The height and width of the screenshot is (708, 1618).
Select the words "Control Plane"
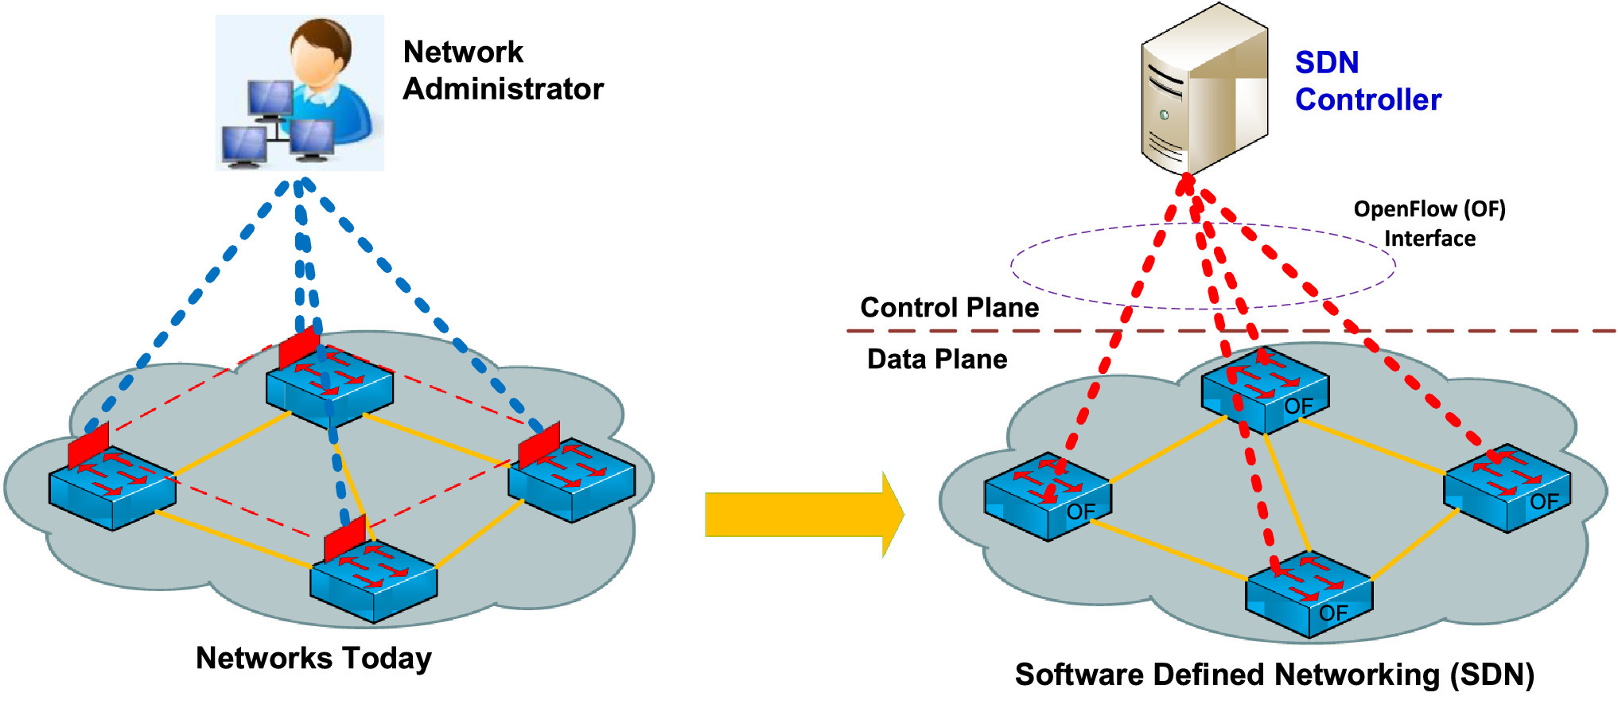949,308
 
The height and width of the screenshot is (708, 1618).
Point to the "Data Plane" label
936,360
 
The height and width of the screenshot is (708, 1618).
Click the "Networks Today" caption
313,659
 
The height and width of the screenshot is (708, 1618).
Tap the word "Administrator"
503,89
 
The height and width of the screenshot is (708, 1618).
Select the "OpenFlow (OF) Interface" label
1429,224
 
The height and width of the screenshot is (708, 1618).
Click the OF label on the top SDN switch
1298,407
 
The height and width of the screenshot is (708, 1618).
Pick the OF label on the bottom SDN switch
1333,613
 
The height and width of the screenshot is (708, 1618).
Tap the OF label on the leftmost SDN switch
1081,512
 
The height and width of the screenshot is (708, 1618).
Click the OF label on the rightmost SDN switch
1544,502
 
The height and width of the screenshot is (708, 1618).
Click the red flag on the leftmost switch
88,446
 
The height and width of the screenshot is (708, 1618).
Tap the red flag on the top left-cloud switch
299,348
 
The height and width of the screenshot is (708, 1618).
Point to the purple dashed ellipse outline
1012,266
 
